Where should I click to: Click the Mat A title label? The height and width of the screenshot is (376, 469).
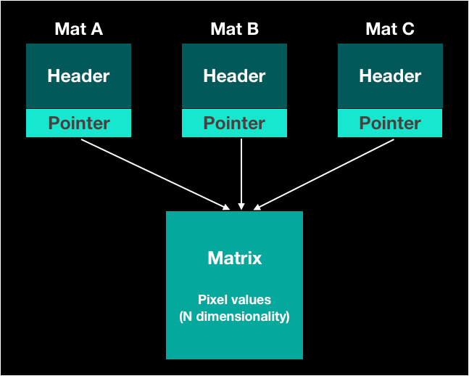click(x=78, y=29)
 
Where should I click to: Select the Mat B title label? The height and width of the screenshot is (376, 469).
click(x=234, y=29)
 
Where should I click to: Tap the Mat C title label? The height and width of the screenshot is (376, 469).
click(x=390, y=29)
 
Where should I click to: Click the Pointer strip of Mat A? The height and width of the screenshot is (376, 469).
click(x=78, y=123)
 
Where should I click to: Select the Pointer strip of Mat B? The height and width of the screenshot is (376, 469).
click(x=234, y=123)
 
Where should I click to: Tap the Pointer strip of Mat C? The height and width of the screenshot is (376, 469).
click(x=390, y=123)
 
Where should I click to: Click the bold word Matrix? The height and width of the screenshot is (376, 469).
click(x=234, y=258)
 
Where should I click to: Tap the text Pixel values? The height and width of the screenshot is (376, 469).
click(x=234, y=299)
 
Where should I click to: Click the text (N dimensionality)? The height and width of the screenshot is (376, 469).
click(x=234, y=316)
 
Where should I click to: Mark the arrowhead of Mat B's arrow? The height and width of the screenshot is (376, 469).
click(x=241, y=206)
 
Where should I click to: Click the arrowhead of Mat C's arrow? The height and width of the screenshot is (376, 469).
click(x=257, y=207)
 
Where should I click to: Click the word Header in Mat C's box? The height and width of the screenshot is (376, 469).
click(x=390, y=76)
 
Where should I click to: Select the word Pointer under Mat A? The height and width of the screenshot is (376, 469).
click(x=78, y=123)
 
